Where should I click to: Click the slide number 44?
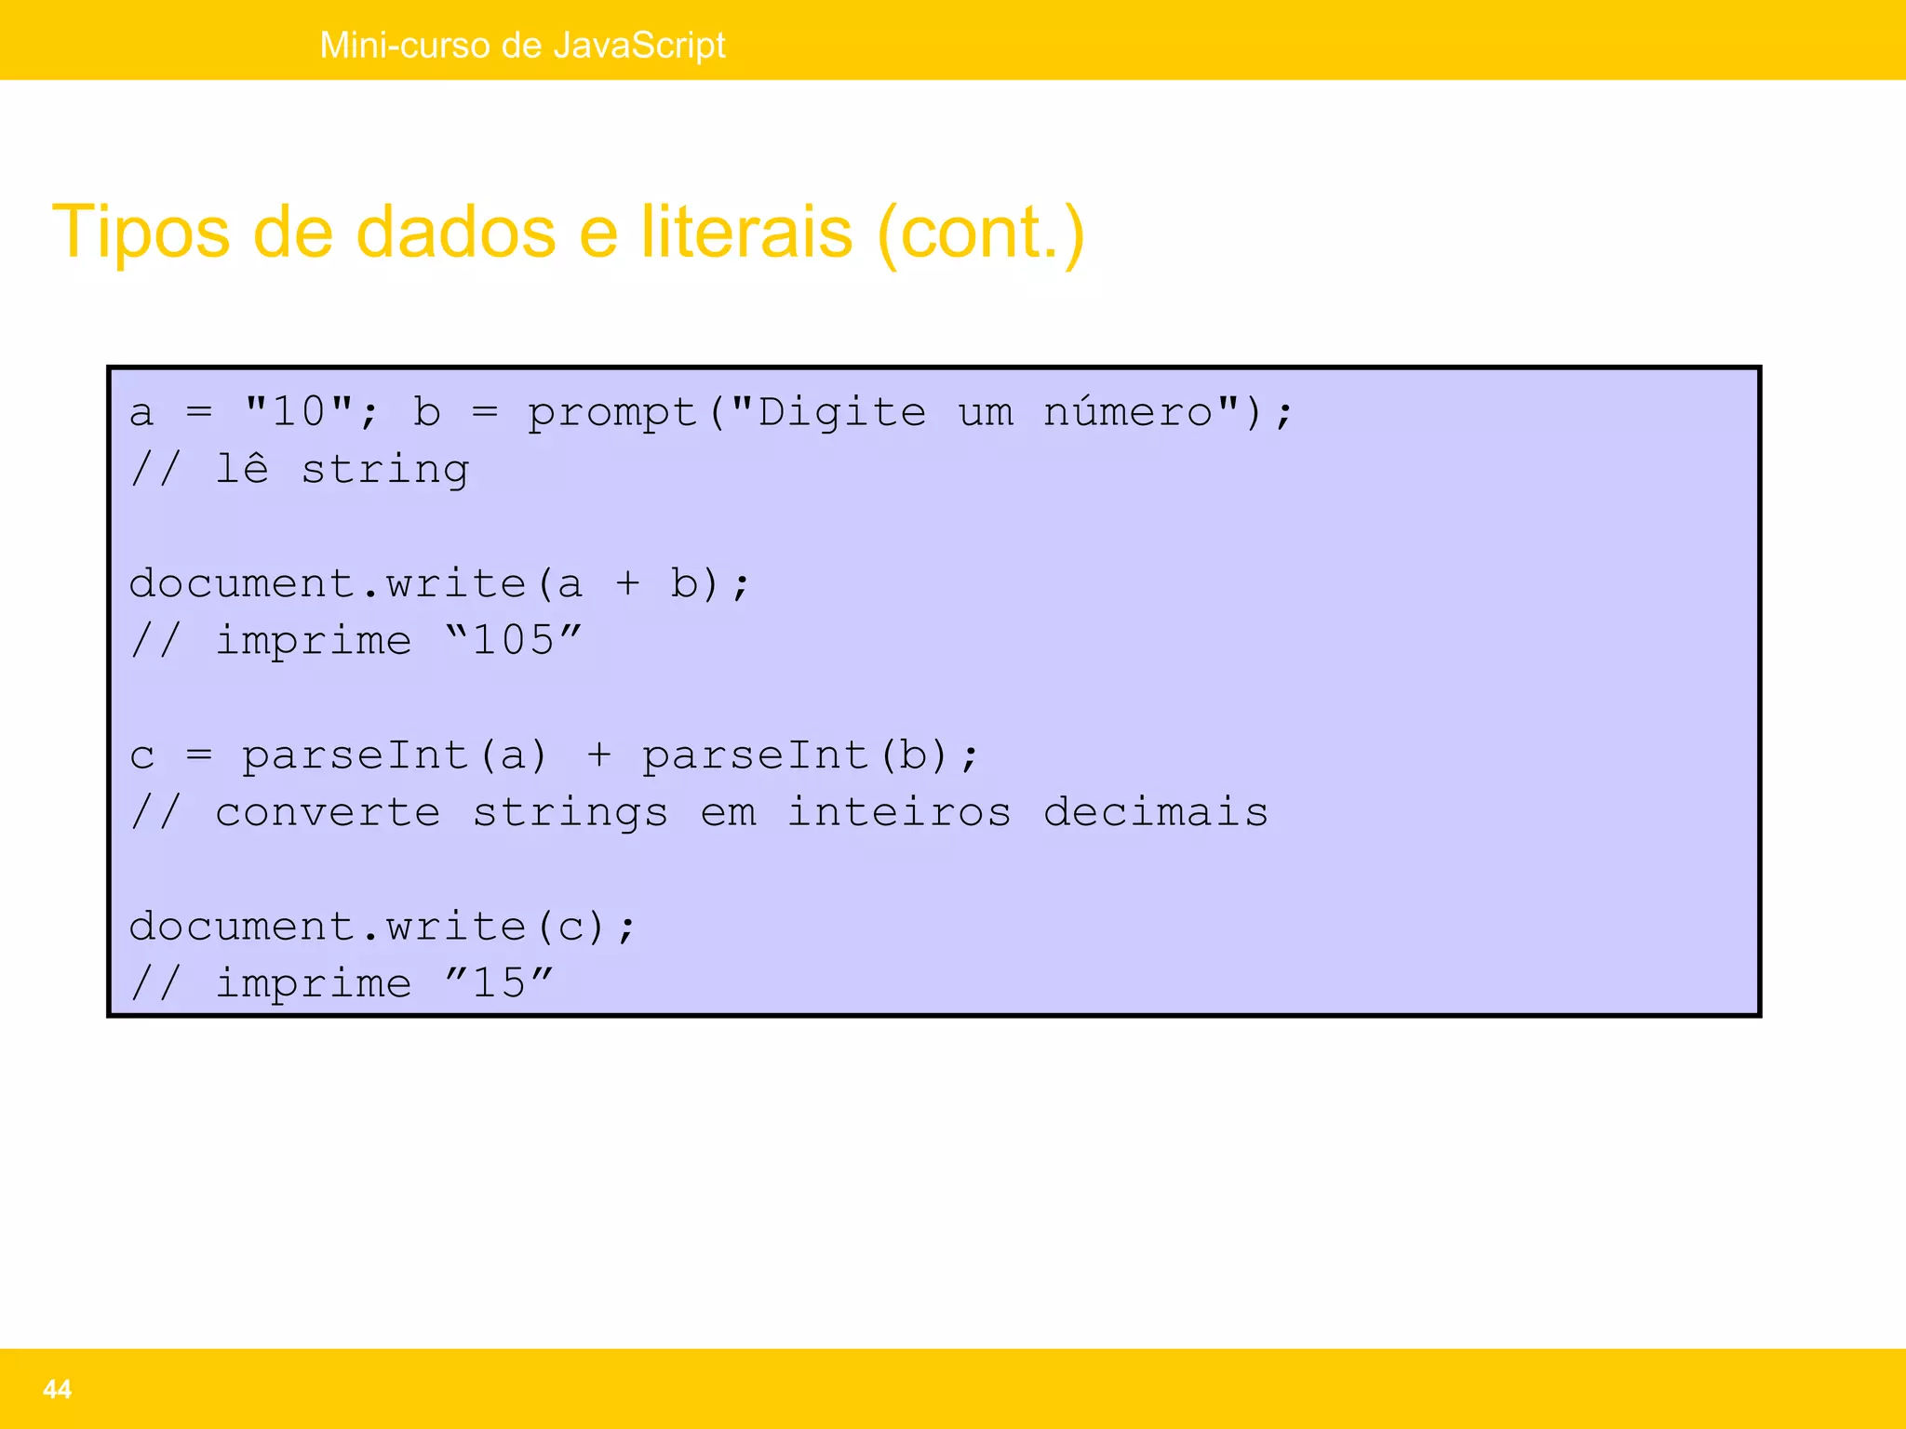[x=57, y=1389]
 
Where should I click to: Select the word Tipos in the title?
[x=141, y=233]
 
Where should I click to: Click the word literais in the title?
[x=745, y=233]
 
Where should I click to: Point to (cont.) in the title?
[x=981, y=233]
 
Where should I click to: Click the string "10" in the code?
[x=299, y=411]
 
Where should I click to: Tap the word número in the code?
[x=1128, y=411]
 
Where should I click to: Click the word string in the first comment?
[x=385, y=470]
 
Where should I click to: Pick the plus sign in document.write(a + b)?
[x=628, y=584]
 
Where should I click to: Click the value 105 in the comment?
[x=514, y=640]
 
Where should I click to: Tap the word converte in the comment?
[x=328, y=812]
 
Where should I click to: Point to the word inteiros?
[x=899, y=812]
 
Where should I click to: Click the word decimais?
[x=1156, y=812]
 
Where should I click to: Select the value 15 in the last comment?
[x=500, y=982]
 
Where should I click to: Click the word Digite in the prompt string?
[x=842, y=412]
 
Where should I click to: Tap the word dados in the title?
[x=456, y=233]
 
